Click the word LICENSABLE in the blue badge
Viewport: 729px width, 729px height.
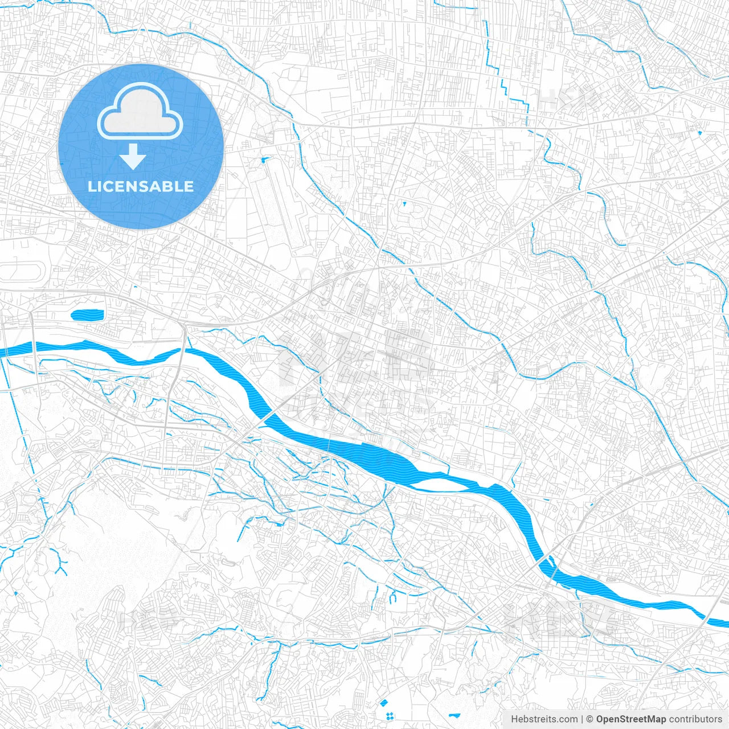pyautogui.click(x=141, y=186)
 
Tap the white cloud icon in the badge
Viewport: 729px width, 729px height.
pyautogui.click(x=140, y=111)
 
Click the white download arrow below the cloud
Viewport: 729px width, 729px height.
pyautogui.click(x=133, y=156)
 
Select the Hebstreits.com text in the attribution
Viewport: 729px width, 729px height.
pyautogui.click(x=544, y=719)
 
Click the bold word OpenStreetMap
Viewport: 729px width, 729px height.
pyautogui.click(x=630, y=719)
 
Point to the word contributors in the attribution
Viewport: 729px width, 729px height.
pyautogui.click(x=695, y=719)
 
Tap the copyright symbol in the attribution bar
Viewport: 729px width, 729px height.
pyautogui.click(x=590, y=719)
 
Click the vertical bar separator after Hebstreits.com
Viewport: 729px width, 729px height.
pyautogui.click(x=583, y=719)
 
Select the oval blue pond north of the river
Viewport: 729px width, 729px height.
pyautogui.click(x=87, y=314)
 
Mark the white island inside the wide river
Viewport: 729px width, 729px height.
pyautogui.click(x=439, y=485)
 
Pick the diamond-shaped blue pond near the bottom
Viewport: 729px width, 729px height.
pyautogui.click(x=383, y=703)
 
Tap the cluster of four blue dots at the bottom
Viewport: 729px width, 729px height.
pyautogui.click(x=390, y=716)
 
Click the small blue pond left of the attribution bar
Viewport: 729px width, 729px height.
pyautogui.click(x=454, y=715)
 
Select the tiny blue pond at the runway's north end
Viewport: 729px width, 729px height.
pyautogui.click(x=263, y=160)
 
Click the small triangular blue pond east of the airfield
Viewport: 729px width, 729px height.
pyautogui.click(x=404, y=203)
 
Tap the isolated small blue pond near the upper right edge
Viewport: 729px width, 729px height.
pyautogui.click(x=700, y=133)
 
